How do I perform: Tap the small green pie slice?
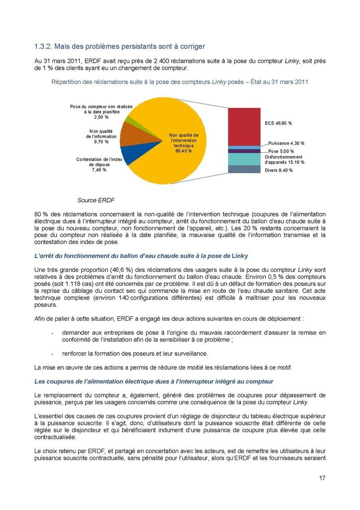click(129, 120)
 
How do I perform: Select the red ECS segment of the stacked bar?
click(244, 126)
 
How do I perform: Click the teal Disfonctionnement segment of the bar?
click(244, 159)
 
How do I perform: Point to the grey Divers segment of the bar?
click(244, 169)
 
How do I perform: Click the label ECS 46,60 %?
click(278, 123)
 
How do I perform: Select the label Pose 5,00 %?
click(281, 151)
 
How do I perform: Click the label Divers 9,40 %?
click(279, 170)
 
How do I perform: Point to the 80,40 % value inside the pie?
click(184, 151)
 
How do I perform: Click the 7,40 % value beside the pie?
click(99, 170)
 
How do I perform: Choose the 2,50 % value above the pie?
click(101, 118)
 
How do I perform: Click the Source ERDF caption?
click(96, 201)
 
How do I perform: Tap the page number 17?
click(322, 479)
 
